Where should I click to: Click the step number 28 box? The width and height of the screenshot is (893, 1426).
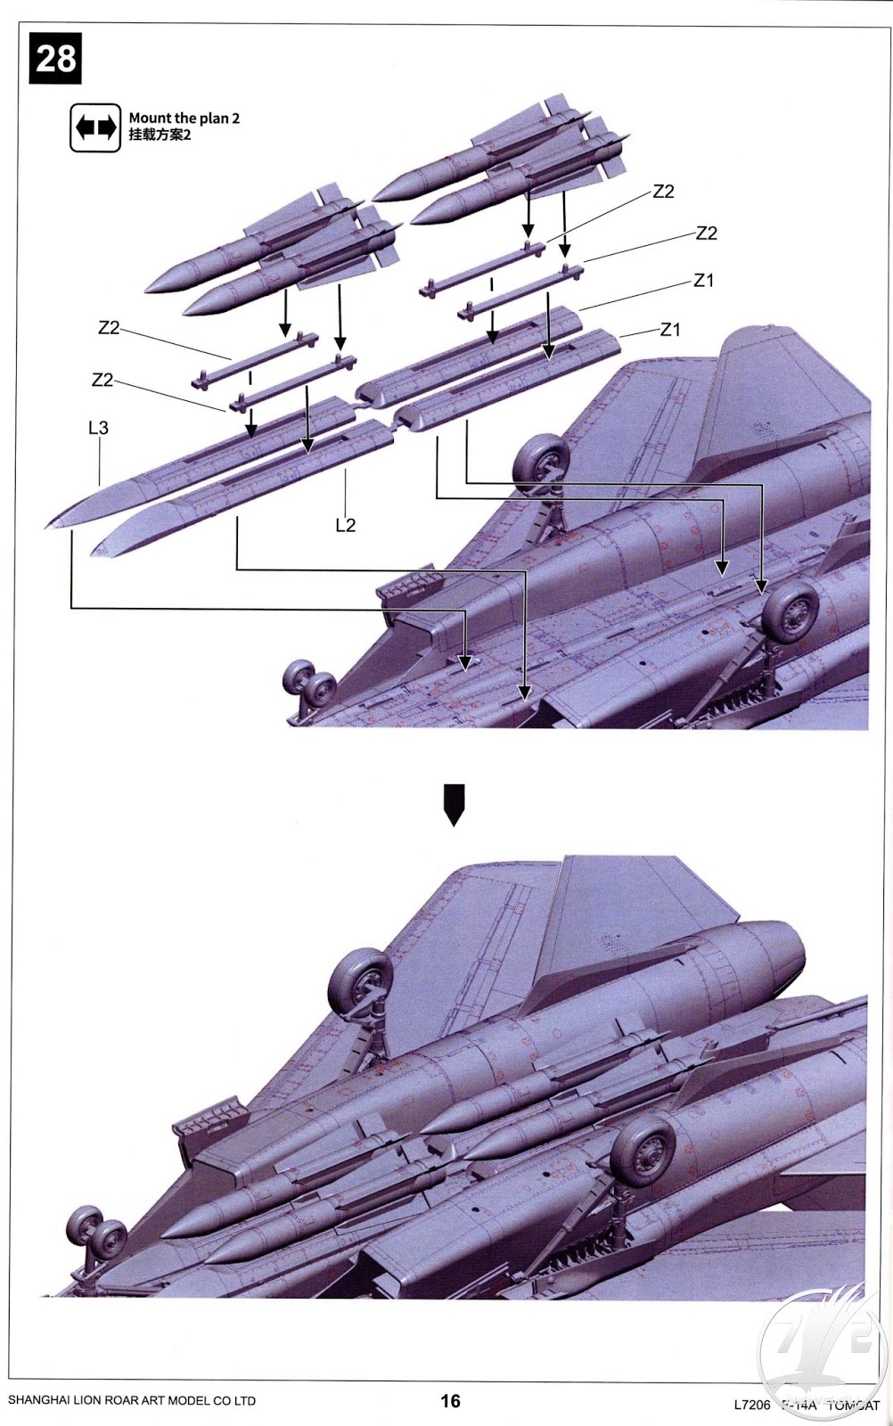point(55,59)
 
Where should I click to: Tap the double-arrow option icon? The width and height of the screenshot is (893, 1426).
point(95,127)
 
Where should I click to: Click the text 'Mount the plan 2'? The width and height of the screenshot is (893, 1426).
point(184,118)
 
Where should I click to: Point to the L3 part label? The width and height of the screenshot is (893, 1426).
point(98,428)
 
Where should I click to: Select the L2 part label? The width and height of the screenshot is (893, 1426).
point(346,525)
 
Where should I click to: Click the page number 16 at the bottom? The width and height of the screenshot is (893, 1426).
point(450,1401)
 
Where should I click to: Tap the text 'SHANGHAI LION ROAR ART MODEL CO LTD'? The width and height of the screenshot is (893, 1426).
point(132,1401)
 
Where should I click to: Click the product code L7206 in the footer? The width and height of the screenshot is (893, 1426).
point(751,1406)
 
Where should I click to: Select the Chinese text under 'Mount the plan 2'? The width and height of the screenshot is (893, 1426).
point(160,135)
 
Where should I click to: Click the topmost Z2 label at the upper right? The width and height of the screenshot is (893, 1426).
point(663,192)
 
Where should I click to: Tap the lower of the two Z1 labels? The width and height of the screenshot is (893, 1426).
point(670,330)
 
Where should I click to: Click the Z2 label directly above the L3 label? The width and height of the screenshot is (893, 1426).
point(102,380)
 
